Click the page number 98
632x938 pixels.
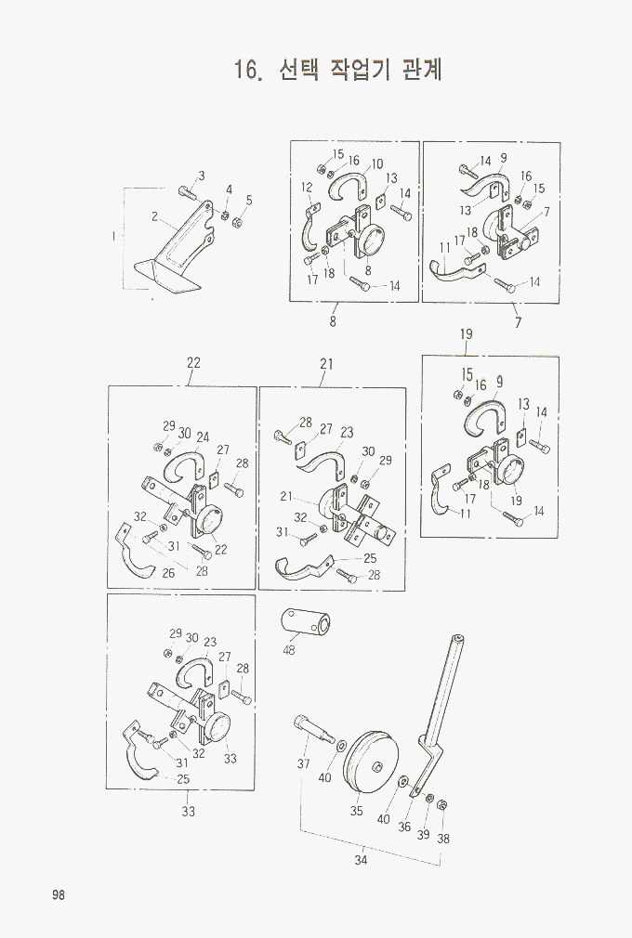click(58, 895)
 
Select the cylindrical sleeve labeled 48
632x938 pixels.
click(307, 623)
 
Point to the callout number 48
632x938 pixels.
click(288, 650)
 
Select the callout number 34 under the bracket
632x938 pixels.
click(361, 860)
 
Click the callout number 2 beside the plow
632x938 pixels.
click(155, 216)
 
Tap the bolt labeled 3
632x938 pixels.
click(186, 192)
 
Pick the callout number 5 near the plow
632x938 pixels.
click(249, 201)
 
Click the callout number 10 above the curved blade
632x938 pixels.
click(377, 163)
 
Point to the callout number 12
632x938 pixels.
click(307, 188)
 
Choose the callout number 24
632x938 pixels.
click(203, 436)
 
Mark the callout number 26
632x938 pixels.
click(168, 573)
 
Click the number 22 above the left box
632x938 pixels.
click(192, 362)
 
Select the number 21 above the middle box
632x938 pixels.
click(326, 364)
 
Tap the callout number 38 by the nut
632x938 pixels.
click(443, 839)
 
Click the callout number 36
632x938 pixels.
click(404, 827)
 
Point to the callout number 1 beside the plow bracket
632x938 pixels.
click(113, 236)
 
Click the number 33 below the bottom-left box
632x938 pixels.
click(189, 811)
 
